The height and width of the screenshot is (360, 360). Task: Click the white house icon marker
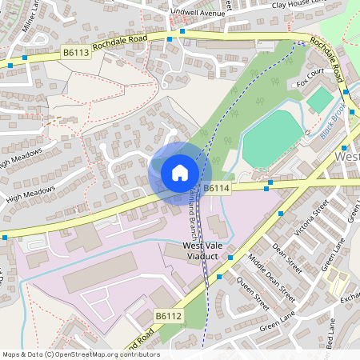(x=179, y=172)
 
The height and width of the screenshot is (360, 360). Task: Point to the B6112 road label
(x=169, y=317)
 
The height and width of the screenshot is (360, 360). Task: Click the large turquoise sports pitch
(x=273, y=138)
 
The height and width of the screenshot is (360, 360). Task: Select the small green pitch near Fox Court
(x=319, y=99)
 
